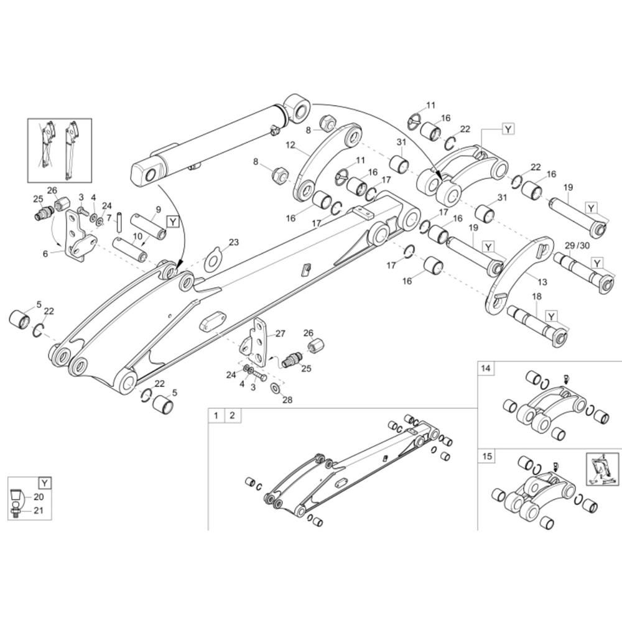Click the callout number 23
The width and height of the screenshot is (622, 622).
tap(234, 243)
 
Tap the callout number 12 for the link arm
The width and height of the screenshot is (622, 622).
tap(290, 145)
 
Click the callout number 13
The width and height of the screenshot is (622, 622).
tap(542, 282)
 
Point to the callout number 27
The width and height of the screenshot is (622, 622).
tap(280, 333)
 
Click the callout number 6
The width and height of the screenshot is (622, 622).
tap(45, 254)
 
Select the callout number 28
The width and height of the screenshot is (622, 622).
tap(287, 400)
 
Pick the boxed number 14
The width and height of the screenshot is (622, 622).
tap(486, 368)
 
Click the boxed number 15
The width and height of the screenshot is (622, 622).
tap(487, 456)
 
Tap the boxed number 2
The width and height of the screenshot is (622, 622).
tap(233, 415)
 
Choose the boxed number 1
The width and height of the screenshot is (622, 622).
tap(216, 415)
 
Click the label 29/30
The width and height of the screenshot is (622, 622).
tap(578, 246)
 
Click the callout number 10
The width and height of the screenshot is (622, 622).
tap(137, 237)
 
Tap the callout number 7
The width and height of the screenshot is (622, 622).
tap(109, 218)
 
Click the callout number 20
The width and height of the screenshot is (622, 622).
tap(39, 497)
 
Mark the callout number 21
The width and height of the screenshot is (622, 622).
tap(38, 511)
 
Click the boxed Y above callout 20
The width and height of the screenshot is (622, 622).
tap(45, 483)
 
